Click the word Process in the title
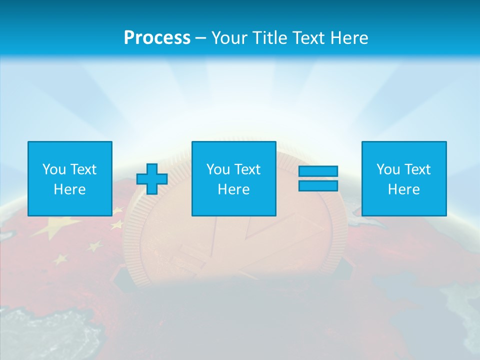[x=157, y=38]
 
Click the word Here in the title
[x=351, y=38]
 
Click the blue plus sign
[x=152, y=178]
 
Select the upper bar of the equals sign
[x=318, y=171]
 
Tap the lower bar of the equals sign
[x=318, y=186]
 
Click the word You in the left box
[x=54, y=169]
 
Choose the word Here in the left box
[x=69, y=189]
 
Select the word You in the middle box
[x=218, y=169]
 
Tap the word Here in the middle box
[x=233, y=189]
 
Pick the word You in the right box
[x=388, y=169]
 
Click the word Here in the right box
[x=403, y=189]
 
